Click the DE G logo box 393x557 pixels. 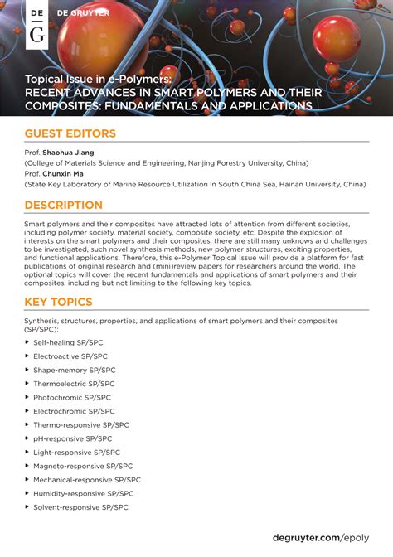pyautogui.click(x=37, y=24)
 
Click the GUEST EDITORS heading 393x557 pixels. pyautogui.click(x=70, y=134)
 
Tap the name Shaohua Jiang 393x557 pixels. pyautogui.click(x=70, y=153)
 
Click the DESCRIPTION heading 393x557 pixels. pyautogui.click(x=64, y=206)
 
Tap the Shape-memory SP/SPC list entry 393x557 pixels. pyautogui.click(x=75, y=371)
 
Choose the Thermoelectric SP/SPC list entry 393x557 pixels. pyautogui.click(x=74, y=384)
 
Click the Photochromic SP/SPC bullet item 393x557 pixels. pyautogui.click(x=74, y=398)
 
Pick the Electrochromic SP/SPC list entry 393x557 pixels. pyautogui.click(x=75, y=411)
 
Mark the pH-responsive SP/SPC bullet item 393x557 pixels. pyautogui.click(x=73, y=438)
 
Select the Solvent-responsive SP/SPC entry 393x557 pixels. pyautogui.click(x=81, y=507)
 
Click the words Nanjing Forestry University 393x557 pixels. pyautogui.click(x=232, y=163)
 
